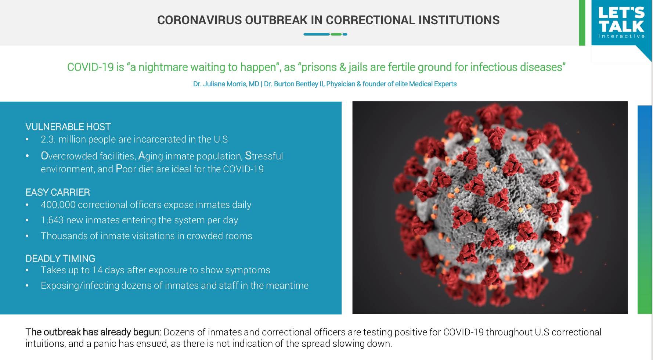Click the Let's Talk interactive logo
click(x=621, y=23)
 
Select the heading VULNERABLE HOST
click(x=68, y=127)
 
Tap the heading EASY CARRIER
click(x=58, y=192)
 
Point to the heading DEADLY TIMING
click(x=60, y=258)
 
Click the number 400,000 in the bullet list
click(x=58, y=205)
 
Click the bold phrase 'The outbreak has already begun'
click(x=92, y=332)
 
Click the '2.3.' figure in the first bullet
click(x=48, y=139)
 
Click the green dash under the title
click(x=336, y=34)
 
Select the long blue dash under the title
click(x=317, y=34)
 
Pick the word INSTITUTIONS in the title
click(x=459, y=20)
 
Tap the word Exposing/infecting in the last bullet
click(x=80, y=286)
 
